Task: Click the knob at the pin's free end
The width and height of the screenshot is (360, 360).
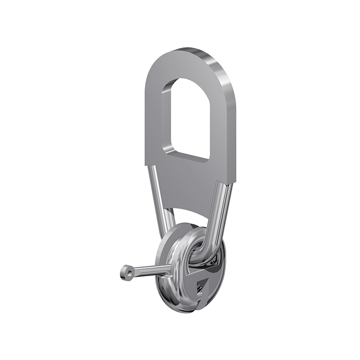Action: tap(127, 272)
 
